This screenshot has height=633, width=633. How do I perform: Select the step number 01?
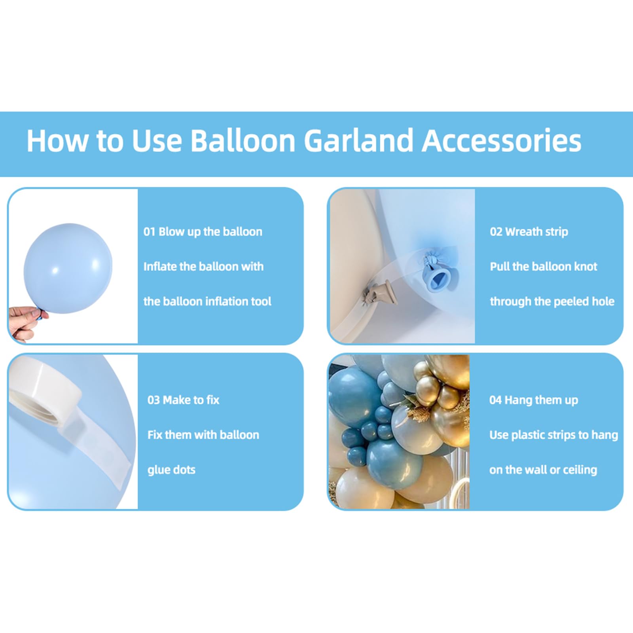(149, 231)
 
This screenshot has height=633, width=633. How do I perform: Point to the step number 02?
(496, 231)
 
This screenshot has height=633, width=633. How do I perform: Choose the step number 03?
(154, 400)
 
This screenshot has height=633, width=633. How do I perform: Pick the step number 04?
(495, 400)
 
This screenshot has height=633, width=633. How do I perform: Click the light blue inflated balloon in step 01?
(68, 268)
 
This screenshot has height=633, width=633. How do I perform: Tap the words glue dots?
(171, 470)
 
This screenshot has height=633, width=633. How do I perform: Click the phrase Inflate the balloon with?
(203, 266)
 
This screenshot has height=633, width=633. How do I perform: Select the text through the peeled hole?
(552, 301)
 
